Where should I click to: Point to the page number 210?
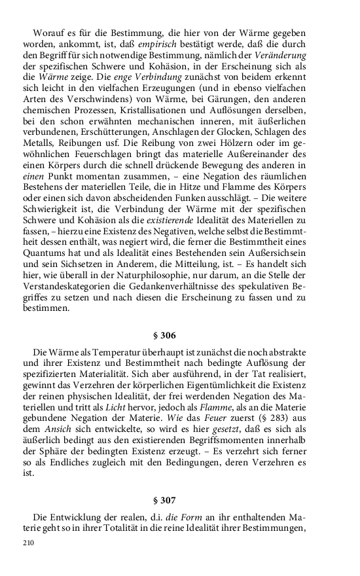pyautogui.click(x=28, y=543)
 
